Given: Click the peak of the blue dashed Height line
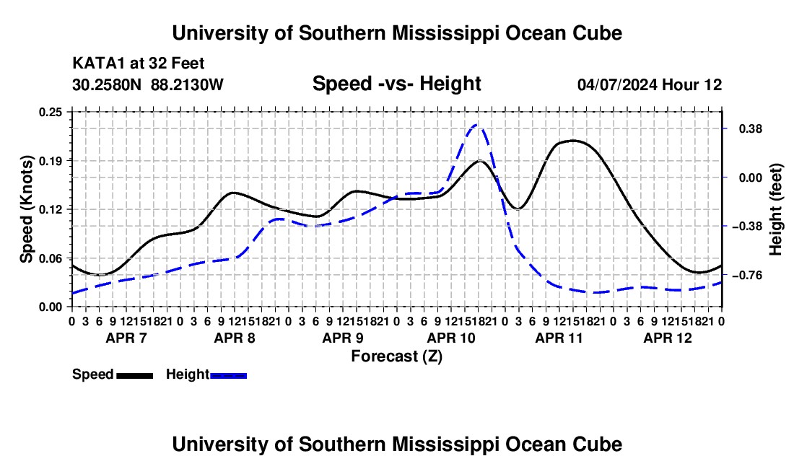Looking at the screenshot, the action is pyautogui.click(x=476, y=124).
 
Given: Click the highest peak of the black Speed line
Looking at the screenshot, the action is pyautogui.click(x=572, y=141).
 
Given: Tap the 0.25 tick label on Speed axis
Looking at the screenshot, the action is pyautogui.click(x=51, y=112).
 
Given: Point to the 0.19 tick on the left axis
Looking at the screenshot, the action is pyautogui.click(x=51, y=161).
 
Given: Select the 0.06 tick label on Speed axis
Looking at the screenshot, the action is pyautogui.click(x=51, y=258).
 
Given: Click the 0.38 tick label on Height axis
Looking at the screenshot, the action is pyautogui.click(x=751, y=129).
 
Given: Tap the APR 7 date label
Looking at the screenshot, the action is pyautogui.click(x=126, y=338).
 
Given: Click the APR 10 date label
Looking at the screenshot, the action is pyautogui.click(x=451, y=338).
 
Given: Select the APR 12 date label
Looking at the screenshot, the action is pyautogui.click(x=668, y=338).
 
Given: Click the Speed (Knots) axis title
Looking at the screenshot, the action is pyautogui.click(x=26, y=209).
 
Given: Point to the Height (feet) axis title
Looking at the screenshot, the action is pyautogui.click(x=775, y=209).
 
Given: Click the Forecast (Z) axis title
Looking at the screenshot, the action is pyautogui.click(x=396, y=356).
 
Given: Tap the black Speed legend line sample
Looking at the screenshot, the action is pyautogui.click(x=135, y=375).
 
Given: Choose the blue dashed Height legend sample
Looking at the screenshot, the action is pyautogui.click(x=228, y=375).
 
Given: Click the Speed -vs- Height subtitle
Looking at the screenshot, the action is pyautogui.click(x=396, y=84).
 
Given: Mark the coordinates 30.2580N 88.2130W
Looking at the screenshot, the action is pyautogui.click(x=148, y=84).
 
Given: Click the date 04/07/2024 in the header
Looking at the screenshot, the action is pyautogui.click(x=617, y=84).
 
